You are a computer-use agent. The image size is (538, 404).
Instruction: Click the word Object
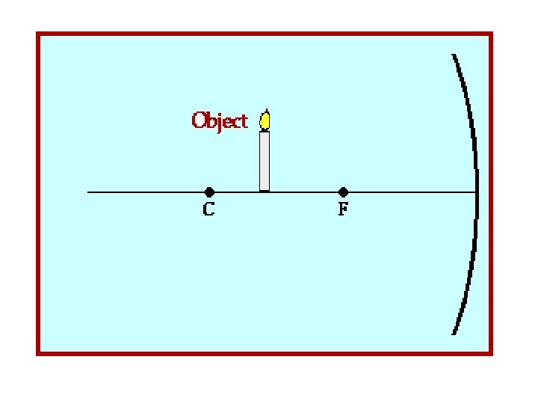click(x=220, y=121)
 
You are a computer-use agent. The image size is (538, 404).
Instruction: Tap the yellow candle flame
click(x=265, y=120)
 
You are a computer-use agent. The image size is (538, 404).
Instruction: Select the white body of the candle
click(x=265, y=161)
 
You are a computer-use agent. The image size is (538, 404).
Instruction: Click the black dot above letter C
click(x=209, y=192)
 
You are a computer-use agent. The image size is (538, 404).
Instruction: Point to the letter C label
click(x=209, y=210)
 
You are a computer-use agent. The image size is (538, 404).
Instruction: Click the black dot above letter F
click(x=343, y=192)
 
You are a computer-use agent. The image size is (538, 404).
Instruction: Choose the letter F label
click(x=343, y=210)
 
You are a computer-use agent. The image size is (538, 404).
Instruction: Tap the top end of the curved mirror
click(x=454, y=55)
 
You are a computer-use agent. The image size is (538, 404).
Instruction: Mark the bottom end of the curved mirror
click(x=454, y=333)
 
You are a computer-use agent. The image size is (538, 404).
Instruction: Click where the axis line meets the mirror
click(x=477, y=192)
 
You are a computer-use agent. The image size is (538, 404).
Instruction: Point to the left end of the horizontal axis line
click(x=88, y=192)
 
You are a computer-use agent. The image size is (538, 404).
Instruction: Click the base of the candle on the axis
click(x=265, y=191)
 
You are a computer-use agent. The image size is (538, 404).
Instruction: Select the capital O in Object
click(x=200, y=120)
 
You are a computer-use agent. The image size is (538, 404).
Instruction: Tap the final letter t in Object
click(x=244, y=121)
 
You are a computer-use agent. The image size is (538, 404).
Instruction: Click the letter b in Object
click(x=213, y=120)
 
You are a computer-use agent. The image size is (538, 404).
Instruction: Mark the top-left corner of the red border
click(x=38, y=34)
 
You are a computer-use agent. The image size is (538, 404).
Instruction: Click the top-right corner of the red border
click(x=492, y=34)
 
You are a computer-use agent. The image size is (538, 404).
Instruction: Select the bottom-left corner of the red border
click(x=38, y=353)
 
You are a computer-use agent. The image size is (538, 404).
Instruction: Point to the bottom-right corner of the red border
click(x=492, y=353)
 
